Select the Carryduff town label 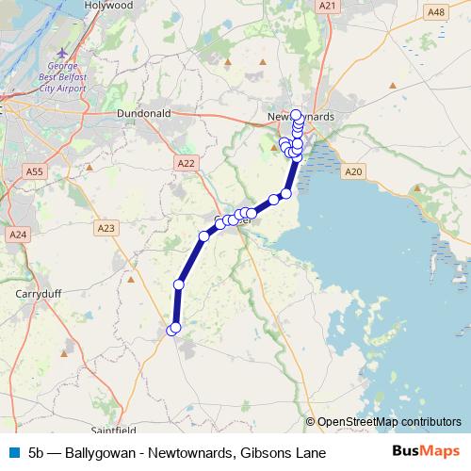39,293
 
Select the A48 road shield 436,11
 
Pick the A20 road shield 353,171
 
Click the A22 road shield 187,163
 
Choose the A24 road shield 17,234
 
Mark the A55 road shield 35,171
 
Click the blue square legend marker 11,453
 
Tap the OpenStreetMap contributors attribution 389,422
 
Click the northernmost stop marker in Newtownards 297,115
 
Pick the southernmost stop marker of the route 172,330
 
